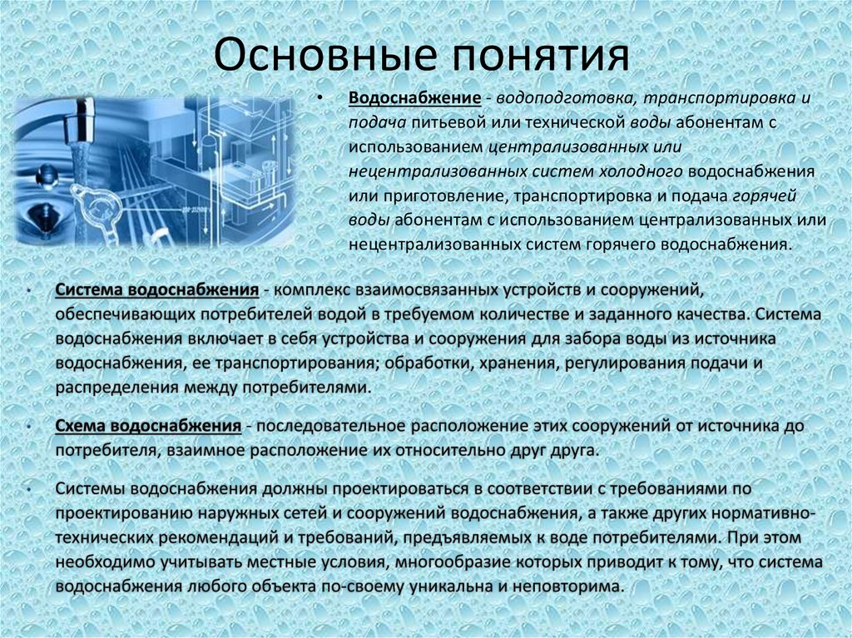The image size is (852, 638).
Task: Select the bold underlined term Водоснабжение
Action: click(414, 98)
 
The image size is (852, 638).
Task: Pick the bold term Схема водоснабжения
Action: click(148, 426)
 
